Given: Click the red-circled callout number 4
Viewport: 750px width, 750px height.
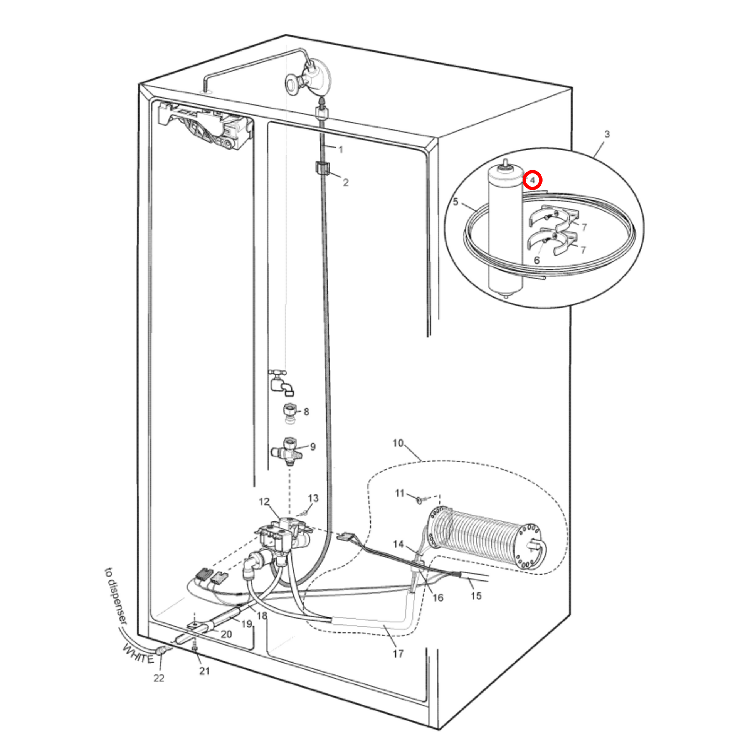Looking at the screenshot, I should (x=533, y=180).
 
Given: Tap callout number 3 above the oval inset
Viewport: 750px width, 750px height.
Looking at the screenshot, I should (x=607, y=135).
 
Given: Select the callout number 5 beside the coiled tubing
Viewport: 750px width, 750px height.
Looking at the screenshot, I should (x=456, y=202).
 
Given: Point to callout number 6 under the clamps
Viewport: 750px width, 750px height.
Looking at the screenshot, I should (x=537, y=261).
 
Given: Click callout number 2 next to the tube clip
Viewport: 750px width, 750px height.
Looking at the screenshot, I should (x=345, y=182).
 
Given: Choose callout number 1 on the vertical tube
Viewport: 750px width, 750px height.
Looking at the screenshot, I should (x=340, y=150).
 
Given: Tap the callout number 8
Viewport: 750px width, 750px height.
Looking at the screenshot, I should (x=306, y=412).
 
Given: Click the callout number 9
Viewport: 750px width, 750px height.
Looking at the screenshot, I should (x=313, y=447).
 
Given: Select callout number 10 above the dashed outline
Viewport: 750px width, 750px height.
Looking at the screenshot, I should (x=398, y=443).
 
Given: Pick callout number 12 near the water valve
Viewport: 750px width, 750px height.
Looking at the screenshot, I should (x=264, y=501).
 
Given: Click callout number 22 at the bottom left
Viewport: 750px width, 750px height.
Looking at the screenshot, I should (x=159, y=678).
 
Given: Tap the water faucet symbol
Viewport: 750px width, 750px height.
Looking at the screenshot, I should (x=282, y=383).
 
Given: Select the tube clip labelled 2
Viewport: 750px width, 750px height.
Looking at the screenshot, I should (x=321, y=168).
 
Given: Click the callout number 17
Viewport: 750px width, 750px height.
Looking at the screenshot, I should (x=398, y=654).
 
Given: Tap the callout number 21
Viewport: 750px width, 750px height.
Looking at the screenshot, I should (x=204, y=671).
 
